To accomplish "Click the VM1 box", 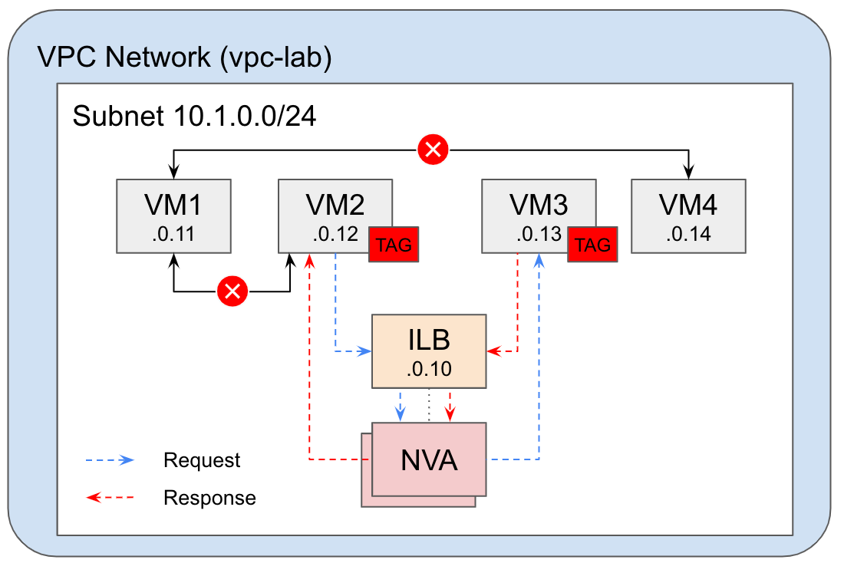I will click(x=173, y=216).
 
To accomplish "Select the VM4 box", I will click(x=688, y=216).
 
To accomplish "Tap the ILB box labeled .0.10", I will click(x=429, y=351).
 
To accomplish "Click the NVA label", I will click(x=429, y=461).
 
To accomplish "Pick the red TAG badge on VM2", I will click(x=394, y=245).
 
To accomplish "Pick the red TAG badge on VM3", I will click(x=592, y=245).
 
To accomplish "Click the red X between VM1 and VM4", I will click(x=433, y=150).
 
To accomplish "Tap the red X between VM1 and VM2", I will click(x=232, y=291).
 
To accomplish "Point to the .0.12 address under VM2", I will click(x=335, y=234).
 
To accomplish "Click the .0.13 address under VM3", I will click(x=539, y=234).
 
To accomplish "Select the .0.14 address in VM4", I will click(x=688, y=234).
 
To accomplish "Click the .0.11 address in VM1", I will click(x=173, y=234).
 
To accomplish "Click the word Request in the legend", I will click(x=202, y=460).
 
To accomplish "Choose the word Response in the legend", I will click(x=209, y=498).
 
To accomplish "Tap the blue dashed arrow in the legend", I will click(x=110, y=460).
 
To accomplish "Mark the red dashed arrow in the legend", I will click(x=110, y=498).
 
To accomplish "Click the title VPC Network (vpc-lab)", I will click(x=184, y=58).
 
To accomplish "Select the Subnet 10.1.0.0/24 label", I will click(x=194, y=117).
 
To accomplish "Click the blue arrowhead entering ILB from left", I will click(x=365, y=351).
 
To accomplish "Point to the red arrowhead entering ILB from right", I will click(x=493, y=351).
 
